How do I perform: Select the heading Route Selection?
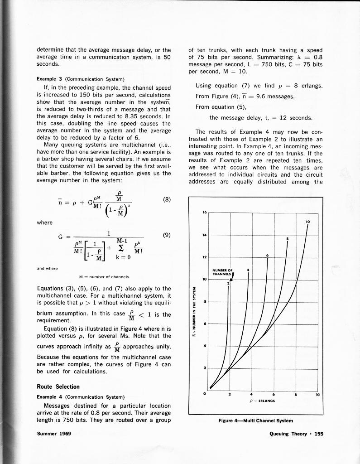click(x=58, y=387)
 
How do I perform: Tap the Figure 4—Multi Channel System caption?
click(x=256, y=421)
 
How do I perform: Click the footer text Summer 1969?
click(x=51, y=434)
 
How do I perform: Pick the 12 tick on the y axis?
click(x=204, y=256)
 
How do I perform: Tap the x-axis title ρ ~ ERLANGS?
click(x=262, y=400)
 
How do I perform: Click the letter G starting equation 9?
click(x=61, y=236)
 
